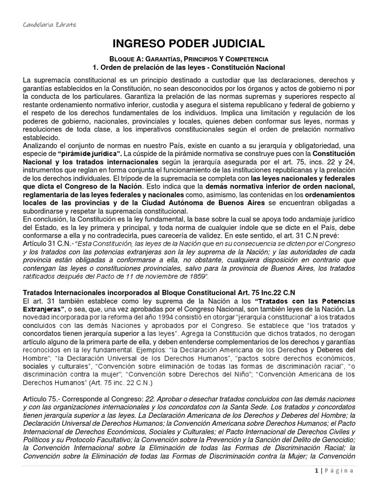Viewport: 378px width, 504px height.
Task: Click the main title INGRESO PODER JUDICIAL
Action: (x=189, y=43)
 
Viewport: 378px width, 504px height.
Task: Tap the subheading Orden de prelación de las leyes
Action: (x=189, y=67)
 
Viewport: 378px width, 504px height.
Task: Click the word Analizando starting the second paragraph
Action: (x=41, y=146)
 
